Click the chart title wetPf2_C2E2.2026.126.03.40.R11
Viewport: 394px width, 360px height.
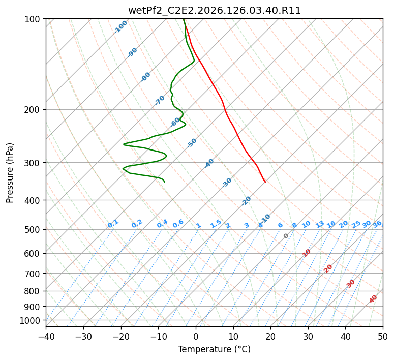(x=215, y=11)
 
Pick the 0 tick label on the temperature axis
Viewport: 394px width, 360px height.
(x=196, y=336)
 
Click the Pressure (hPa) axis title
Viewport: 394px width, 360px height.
(x=10, y=173)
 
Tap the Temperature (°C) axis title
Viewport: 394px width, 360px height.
(x=215, y=349)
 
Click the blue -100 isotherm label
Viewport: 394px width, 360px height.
(x=120, y=27)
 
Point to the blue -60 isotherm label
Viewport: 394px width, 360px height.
(x=175, y=122)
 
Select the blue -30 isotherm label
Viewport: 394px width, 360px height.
(x=227, y=183)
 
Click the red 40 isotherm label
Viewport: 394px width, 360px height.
(x=373, y=299)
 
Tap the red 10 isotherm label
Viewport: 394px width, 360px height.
(x=307, y=253)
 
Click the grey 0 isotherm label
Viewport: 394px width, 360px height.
(x=286, y=236)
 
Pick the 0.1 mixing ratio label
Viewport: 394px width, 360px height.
(x=113, y=224)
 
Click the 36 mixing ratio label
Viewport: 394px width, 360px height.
(x=377, y=224)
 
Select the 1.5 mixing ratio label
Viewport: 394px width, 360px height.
(x=216, y=224)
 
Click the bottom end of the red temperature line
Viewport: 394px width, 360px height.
(x=265, y=182)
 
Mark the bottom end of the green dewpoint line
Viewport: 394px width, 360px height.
(x=164, y=182)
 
